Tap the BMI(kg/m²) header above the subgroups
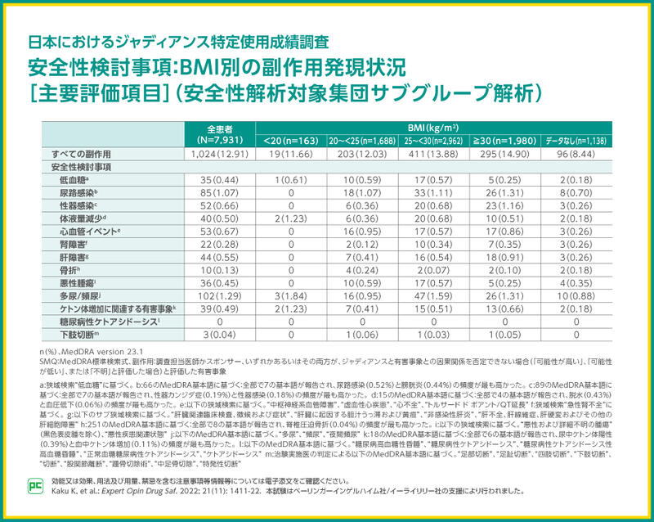point(433,128)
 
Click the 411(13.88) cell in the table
point(432,155)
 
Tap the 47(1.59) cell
point(432,297)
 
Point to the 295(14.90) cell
point(504,155)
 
